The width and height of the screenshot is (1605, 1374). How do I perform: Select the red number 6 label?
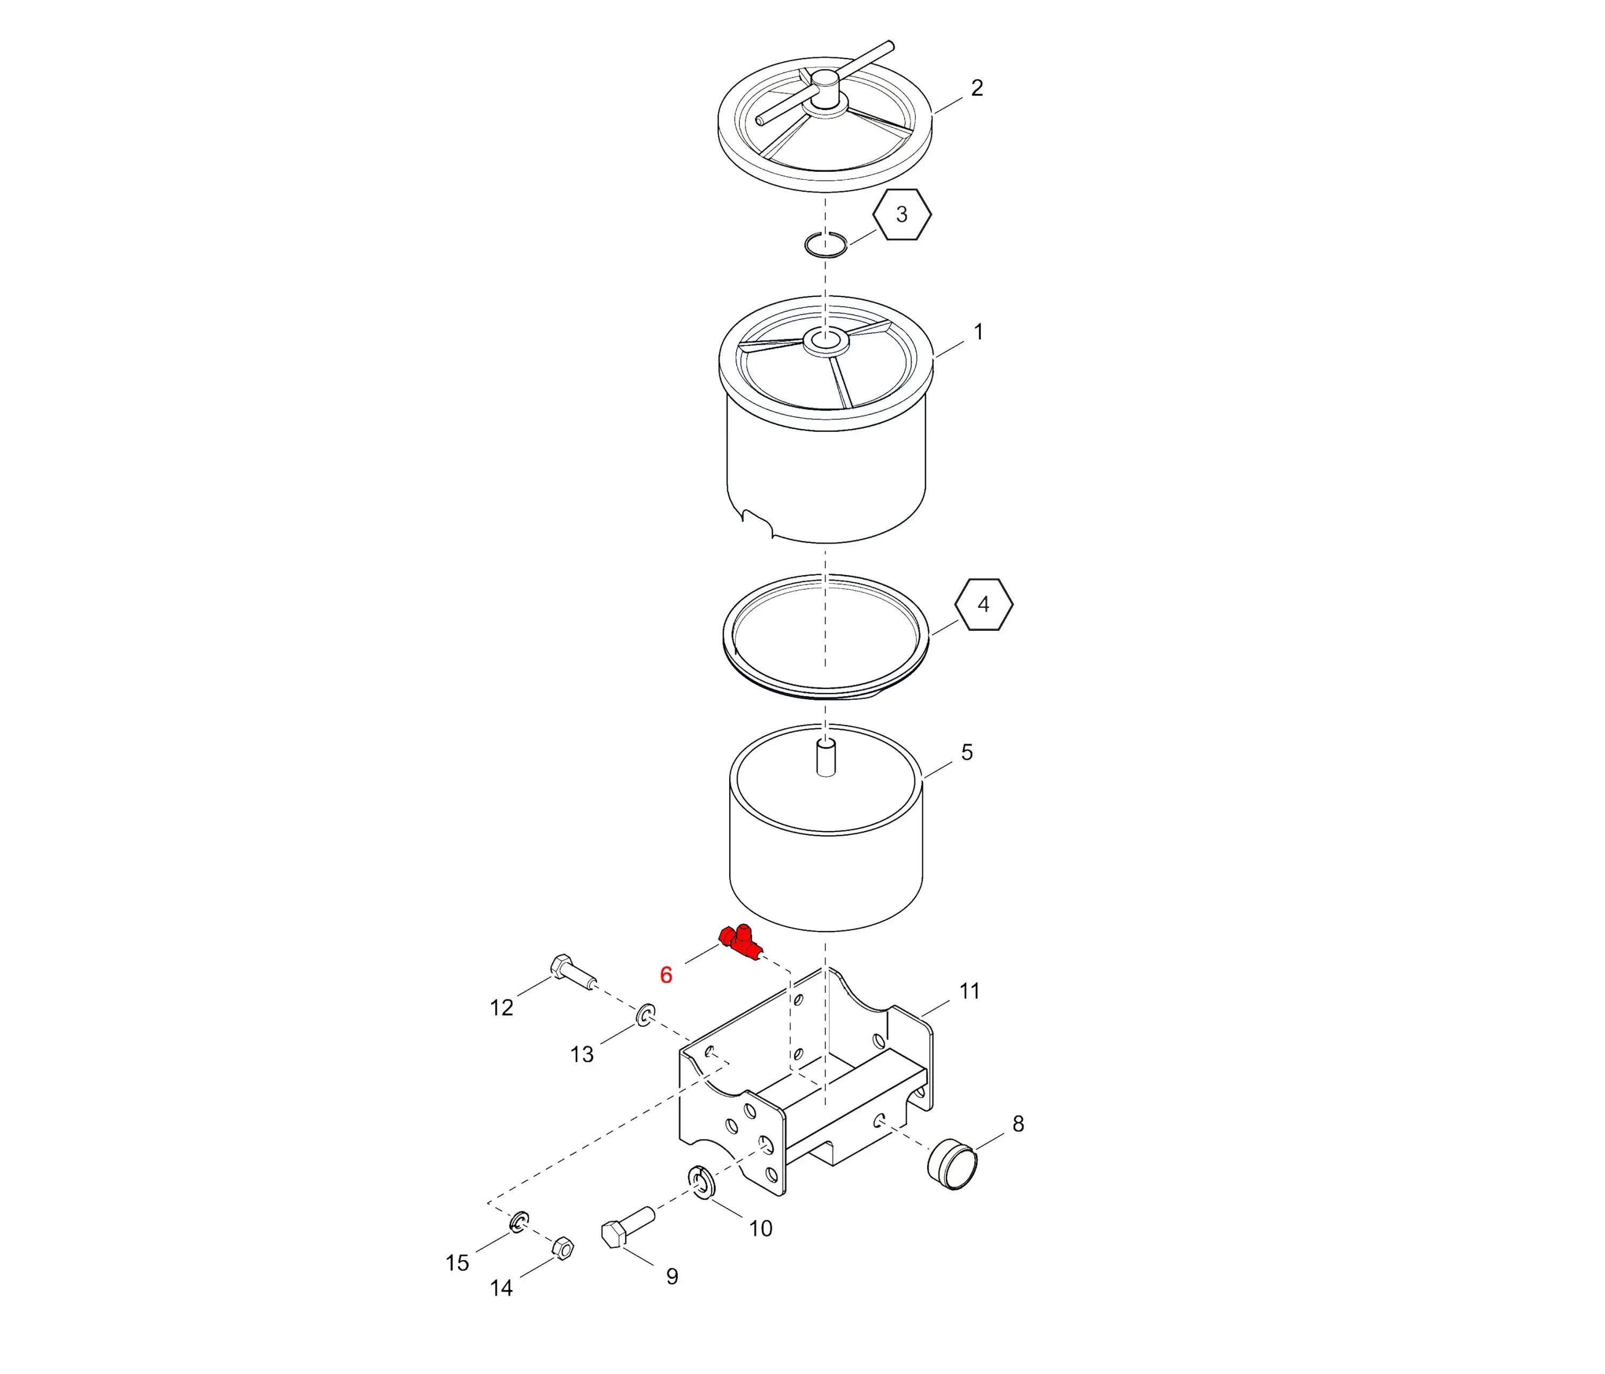[666, 975]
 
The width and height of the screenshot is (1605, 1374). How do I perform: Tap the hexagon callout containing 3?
[901, 215]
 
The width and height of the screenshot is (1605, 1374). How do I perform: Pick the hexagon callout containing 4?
[984, 604]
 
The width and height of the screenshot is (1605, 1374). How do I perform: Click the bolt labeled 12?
[572, 972]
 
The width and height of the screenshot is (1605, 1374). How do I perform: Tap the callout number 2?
[977, 88]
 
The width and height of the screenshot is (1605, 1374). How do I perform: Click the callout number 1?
[979, 332]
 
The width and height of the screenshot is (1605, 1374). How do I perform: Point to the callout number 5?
[967, 752]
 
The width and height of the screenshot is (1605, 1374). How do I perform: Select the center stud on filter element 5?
[827, 758]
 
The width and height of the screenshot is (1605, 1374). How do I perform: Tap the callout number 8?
[1018, 1124]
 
